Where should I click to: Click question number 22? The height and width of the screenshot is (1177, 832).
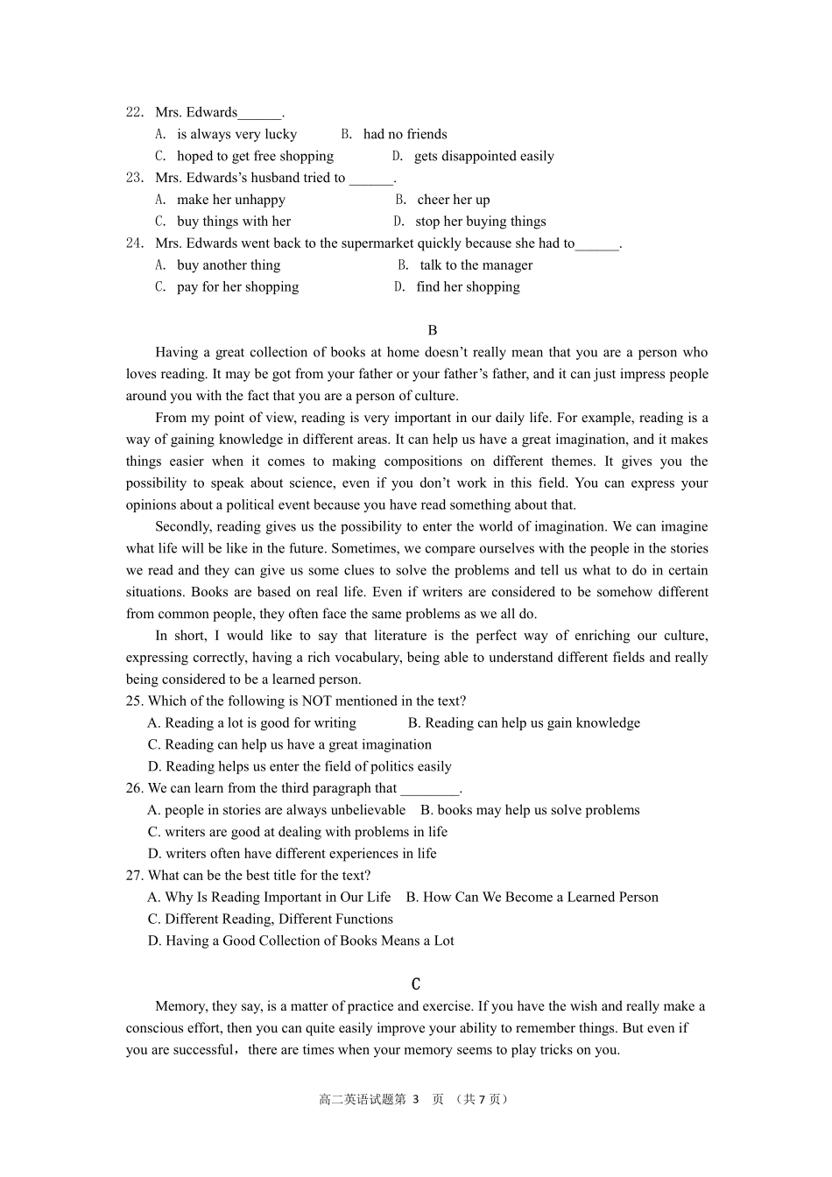134,112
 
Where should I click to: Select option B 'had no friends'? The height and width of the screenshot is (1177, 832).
394,134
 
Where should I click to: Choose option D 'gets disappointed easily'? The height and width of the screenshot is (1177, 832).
473,156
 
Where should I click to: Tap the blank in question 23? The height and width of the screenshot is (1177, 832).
371,179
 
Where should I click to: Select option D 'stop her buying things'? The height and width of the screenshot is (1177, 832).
469,222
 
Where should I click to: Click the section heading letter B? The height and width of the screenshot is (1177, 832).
433,330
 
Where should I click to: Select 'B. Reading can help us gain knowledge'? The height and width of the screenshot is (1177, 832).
524,722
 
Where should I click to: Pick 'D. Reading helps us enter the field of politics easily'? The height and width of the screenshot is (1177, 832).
300,766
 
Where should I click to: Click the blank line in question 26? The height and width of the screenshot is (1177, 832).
429,788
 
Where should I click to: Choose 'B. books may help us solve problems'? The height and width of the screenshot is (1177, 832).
530,810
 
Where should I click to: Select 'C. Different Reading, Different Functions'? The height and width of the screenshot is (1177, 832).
270,919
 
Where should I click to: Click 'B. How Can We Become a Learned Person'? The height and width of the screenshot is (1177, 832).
532,897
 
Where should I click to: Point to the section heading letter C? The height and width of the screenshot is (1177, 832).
416,984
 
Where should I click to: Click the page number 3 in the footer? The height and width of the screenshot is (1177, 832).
416,1099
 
